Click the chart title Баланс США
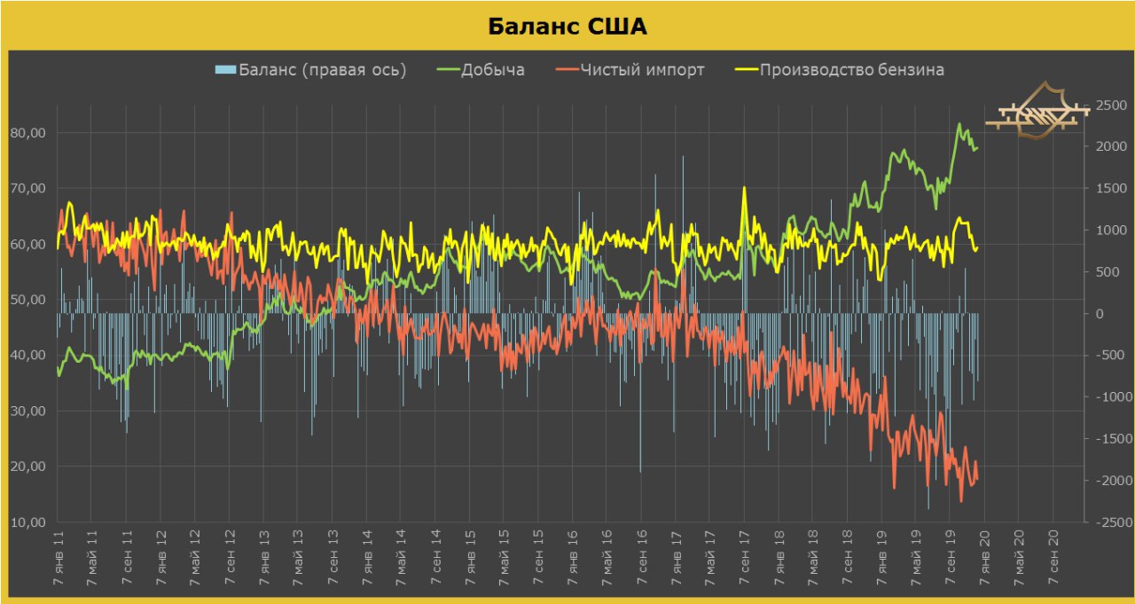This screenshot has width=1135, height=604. pyautogui.click(x=567, y=27)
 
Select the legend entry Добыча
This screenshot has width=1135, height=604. pyautogui.click(x=492, y=70)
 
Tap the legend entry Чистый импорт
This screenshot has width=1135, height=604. pyautogui.click(x=642, y=70)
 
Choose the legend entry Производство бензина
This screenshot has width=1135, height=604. pyautogui.click(x=851, y=70)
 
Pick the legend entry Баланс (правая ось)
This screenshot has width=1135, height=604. pyautogui.click(x=322, y=70)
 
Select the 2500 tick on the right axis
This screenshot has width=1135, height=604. pyautogui.click(x=1111, y=106)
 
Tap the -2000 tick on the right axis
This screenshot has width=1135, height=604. pyautogui.click(x=1109, y=481)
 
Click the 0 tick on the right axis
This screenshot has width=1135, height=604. pyautogui.click(x=1099, y=314)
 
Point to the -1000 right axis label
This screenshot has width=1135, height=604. pyautogui.click(x=1109, y=397)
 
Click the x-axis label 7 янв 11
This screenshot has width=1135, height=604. pyautogui.click(x=58, y=559)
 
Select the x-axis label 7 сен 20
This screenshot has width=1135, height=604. pyautogui.click(x=1053, y=559)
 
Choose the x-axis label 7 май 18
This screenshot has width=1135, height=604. pyautogui.click(x=813, y=559)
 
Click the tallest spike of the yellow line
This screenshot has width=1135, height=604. pyautogui.click(x=744, y=187)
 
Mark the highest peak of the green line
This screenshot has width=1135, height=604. pyautogui.click(x=959, y=124)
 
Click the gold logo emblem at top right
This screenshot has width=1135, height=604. pyautogui.click(x=1037, y=113)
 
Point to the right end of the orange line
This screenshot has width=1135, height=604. pyautogui.click(x=977, y=480)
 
